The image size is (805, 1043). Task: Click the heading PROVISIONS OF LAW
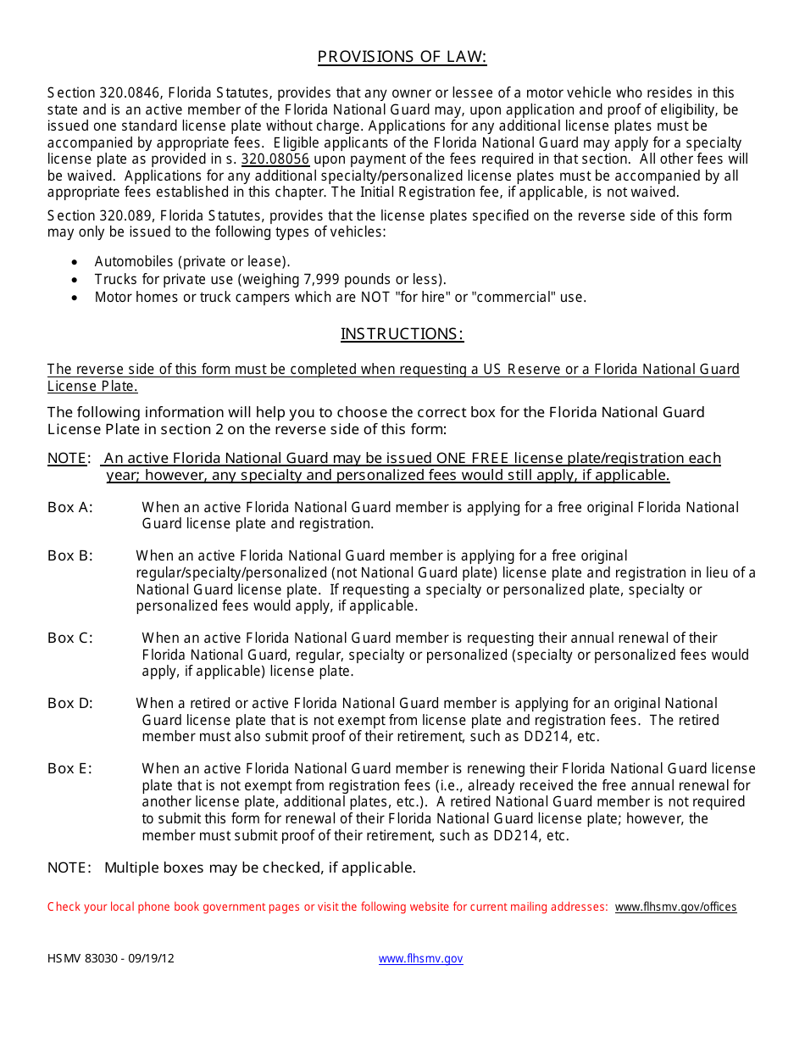(402, 57)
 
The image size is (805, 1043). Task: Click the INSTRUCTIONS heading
(402, 334)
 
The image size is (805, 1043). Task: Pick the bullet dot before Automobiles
(75, 262)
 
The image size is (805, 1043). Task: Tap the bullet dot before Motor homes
(75, 298)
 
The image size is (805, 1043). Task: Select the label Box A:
(70, 507)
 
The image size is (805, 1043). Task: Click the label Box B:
(70, 556)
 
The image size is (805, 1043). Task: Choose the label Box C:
(70, 638)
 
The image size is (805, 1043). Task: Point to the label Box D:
(70, 703)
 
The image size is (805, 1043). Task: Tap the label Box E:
(70, 769)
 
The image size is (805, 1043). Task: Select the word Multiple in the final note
(131, 867)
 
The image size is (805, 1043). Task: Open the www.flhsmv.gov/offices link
(675, 906)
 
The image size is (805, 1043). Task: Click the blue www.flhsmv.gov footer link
(420, 959)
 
